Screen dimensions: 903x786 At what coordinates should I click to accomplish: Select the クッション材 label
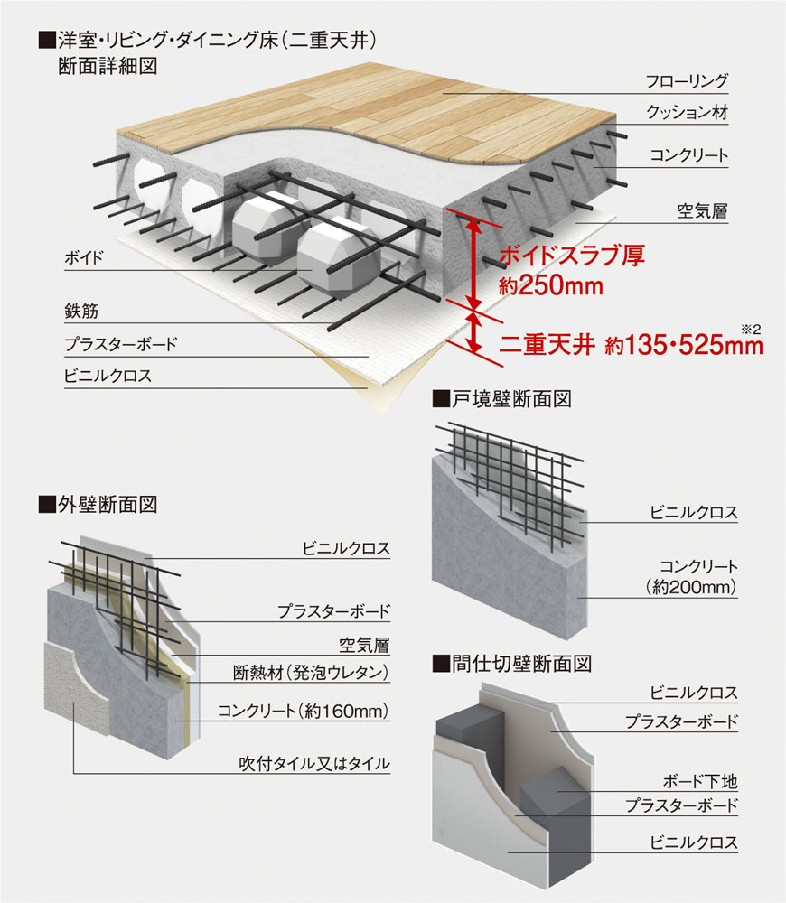[687, 114]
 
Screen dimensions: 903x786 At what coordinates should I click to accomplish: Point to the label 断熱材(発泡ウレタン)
[311, 672]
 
